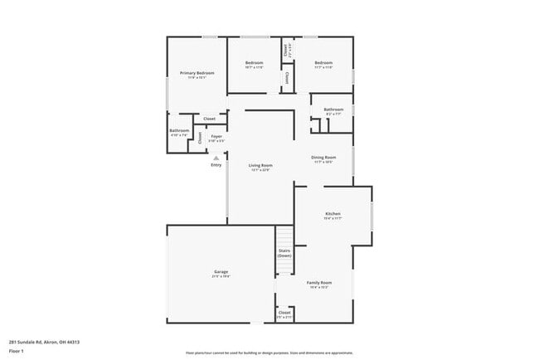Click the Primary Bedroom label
tap(197, 73)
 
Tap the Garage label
tap(221, 271)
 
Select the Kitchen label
tap(332, 213)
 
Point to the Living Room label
tap(260, 165)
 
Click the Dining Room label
tap(323, 157)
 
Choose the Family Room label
tap(319, 282)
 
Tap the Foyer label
tap(216, 136)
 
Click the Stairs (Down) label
tap(284, 252)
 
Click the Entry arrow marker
tap(216, 156)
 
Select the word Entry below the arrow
tap(216, 164)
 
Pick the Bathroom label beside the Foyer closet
tap(179, 130)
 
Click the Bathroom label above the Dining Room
tap(333, 109)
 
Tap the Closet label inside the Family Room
tap(284, 313)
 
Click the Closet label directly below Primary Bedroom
tap(210, 119)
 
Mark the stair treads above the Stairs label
tap(284, 235)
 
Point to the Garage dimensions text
tap(221, 276)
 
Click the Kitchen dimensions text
tap(332, 218)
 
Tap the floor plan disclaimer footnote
tap(269, 352)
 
